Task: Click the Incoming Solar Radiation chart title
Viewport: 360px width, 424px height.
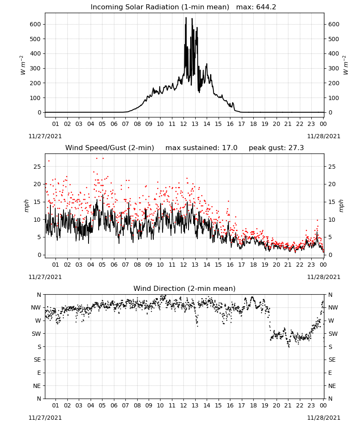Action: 160,7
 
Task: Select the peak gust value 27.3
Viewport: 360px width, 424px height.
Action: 295,148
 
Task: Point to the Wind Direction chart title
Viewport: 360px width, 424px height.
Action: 185,288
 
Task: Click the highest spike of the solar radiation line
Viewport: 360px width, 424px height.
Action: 186,18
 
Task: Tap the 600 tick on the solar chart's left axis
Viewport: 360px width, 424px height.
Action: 36,24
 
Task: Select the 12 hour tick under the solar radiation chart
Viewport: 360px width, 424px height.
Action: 183,124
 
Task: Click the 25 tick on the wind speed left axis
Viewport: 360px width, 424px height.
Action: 37,167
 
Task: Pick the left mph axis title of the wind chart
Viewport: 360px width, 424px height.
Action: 26,206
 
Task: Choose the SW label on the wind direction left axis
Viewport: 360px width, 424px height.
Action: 36,334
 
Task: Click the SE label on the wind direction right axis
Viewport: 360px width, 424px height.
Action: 332,360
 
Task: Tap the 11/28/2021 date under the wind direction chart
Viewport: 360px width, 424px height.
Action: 324,418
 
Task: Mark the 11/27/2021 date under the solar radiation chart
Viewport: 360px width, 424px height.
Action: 45,136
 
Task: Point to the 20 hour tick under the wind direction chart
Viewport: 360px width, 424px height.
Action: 276,405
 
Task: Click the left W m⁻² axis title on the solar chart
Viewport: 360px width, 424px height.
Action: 23,65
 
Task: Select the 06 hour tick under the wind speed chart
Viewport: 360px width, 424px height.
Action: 114,265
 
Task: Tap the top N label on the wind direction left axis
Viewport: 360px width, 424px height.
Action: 39,295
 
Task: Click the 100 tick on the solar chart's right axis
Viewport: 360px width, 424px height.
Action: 334,98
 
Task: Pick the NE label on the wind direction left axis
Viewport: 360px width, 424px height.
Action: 37,386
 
